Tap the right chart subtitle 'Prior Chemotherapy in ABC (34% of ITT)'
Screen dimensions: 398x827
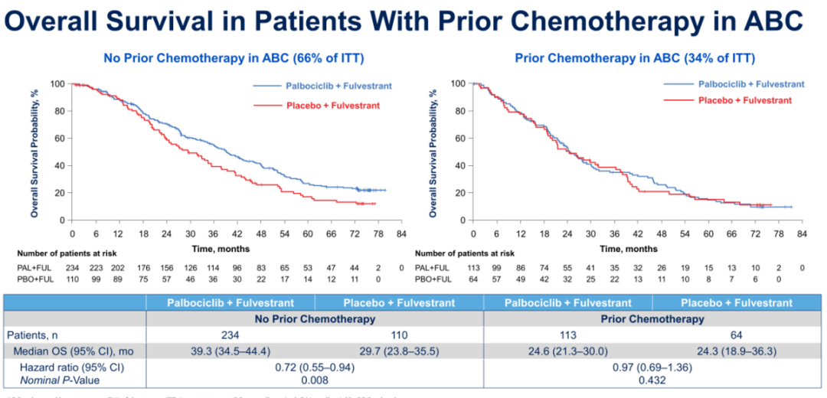635,58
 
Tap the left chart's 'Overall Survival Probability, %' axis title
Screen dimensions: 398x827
35,151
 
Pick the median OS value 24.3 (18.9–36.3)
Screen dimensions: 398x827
738,351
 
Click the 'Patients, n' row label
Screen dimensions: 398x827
31,334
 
